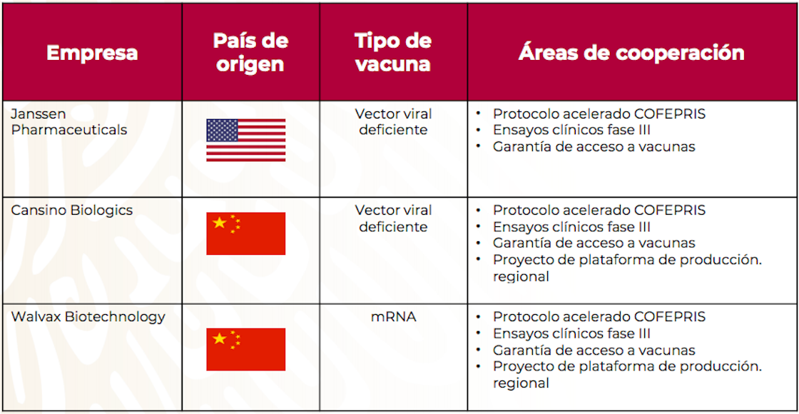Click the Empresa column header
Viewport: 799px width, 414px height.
click(92, 53)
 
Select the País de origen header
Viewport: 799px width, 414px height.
click(250, 52)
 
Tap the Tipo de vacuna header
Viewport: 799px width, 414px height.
click(393, 52)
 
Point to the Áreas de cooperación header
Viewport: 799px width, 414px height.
click(631, 52)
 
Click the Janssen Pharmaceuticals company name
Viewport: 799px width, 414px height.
click(69, 121)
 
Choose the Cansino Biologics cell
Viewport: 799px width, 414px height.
click(71, 210)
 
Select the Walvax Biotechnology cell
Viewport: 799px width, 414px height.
click(88, 316)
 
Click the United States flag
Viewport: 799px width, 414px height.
click(245, 140)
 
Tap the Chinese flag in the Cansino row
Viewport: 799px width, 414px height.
click(245, 233)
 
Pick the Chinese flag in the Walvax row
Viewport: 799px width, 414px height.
click(245, 349)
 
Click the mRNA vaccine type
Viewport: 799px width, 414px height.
click(393, 316)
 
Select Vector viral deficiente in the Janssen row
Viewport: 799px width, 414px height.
click(393, 121)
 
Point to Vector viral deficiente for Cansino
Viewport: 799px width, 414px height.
click(393, 218)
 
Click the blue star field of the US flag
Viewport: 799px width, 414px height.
click(222, 130)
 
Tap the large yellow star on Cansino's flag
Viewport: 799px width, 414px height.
click(220, 223)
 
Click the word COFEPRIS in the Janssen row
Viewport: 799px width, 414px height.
click(670, 113)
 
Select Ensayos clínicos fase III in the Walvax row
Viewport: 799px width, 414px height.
click(571, 333)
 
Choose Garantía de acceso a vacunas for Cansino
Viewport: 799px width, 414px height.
click(594, 243)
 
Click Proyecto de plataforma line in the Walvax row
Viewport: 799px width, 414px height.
click(627, 366)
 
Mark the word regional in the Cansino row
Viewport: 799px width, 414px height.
click(521, 276)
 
